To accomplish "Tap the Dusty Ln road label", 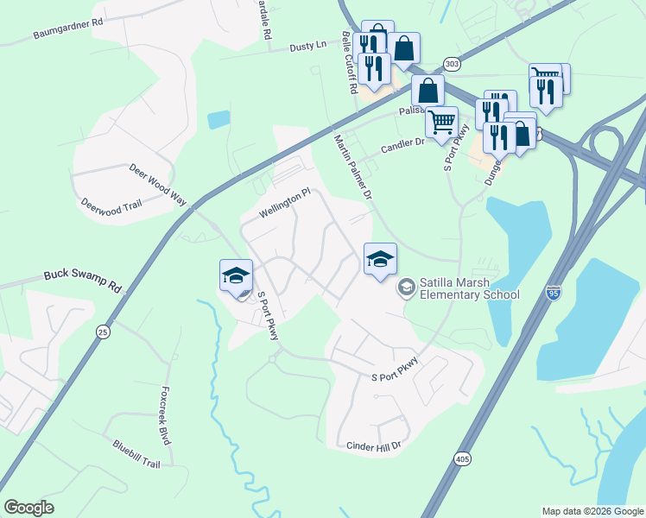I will (x=309, y=45).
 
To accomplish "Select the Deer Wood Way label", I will (x=158, y=183).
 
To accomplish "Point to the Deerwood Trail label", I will (x=110, y=205).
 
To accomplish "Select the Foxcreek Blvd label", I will (x=165, y=414).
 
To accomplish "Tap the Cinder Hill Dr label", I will (x=374, y=446).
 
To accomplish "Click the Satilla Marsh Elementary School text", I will (x=469, y=288).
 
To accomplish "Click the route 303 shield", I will (x=451, y=64).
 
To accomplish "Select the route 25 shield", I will (x=104, y=332).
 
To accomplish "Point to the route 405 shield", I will (x=462, y=458).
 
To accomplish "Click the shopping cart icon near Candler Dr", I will (x=441, y=123).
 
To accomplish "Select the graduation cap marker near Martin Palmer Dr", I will (x=380, y=258).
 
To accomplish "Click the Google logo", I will (x=29, y=508).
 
